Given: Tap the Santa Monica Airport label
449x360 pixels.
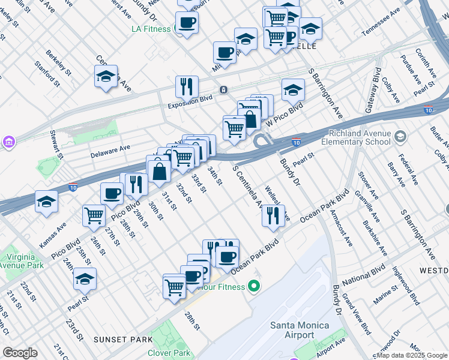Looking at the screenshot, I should pos(299,331).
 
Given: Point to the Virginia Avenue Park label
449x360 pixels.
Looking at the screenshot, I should pos(21,260).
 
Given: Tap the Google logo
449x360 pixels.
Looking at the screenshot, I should pos(20,353).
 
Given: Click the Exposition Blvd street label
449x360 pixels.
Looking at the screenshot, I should pos(190,99).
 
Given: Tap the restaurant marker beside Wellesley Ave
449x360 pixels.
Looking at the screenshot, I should pos(273,215).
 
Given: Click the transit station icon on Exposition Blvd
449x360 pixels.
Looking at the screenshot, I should pos(223,90).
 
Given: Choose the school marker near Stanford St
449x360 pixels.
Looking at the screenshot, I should pos(106,77).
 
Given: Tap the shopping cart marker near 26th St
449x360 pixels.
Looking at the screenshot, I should pos(94,215).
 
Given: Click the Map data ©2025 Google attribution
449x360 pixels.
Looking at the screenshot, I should pos(412,355).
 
